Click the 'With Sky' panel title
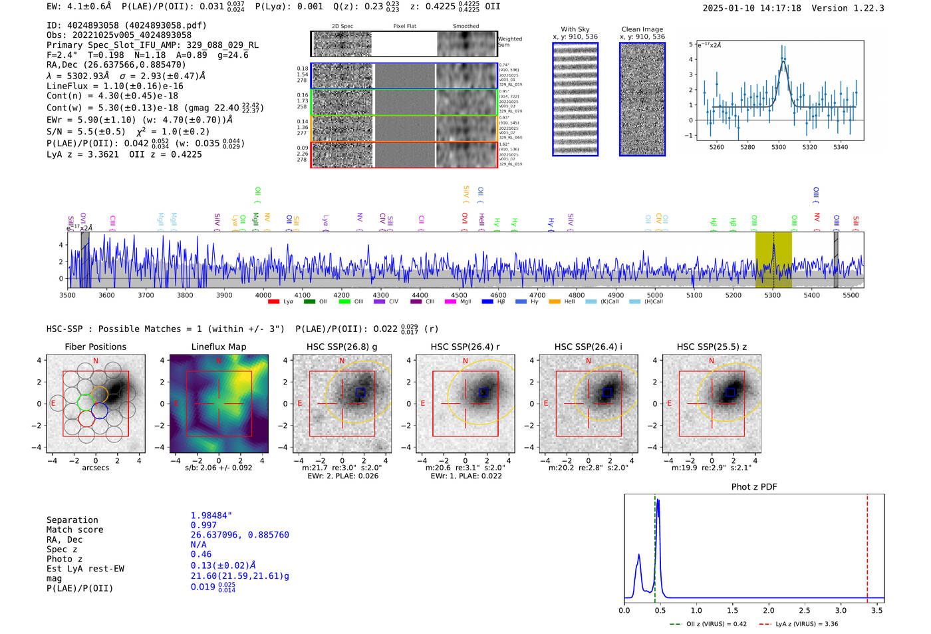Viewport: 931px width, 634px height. click(575, 29)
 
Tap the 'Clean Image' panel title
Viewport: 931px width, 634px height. click(642, 29)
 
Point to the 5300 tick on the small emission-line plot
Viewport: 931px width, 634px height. click(779, 147)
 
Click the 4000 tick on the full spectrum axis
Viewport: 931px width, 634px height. click(263, 295)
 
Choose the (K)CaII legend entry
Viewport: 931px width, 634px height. click(608, 301)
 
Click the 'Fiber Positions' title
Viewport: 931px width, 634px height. click(95, 347)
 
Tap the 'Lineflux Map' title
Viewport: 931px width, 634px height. click(218, 347)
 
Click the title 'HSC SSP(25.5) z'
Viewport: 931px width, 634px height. click(712, 347)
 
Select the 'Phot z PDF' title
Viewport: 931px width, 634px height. click(754, 486)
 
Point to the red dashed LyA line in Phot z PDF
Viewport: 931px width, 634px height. click(867, 546)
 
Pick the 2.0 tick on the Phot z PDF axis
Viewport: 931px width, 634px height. click(769, 610)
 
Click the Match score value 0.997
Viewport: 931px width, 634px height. click(203, 525)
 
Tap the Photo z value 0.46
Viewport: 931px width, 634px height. click(201, 554)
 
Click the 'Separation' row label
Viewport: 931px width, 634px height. click(72, 520)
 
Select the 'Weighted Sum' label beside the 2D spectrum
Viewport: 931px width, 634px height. click(509, 41)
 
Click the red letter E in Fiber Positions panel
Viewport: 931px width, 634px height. click(53, 403)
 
